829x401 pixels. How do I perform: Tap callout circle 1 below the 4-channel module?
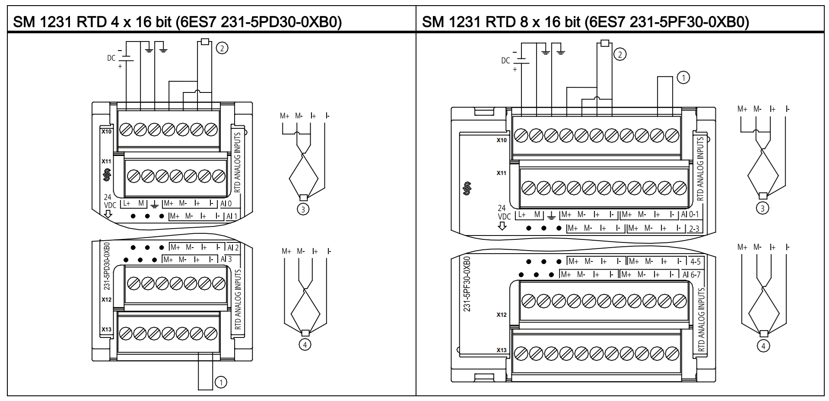click(x=221, y=382)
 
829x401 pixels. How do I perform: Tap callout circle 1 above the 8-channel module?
click(x=683, y=78)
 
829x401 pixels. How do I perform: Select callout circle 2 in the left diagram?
click(x=222, y=48)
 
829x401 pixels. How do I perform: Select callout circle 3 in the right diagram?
click(x=762, y=208)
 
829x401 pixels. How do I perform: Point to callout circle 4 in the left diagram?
click(x=305, y=344)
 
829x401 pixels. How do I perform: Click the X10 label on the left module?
click(x=106, y=131)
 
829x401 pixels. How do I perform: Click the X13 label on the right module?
click(x=501, y=350)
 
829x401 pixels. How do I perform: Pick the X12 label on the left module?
click(x=106, y=299)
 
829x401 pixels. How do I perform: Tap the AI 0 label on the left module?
click(x=226, y=204)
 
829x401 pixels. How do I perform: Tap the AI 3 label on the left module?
click(x=226, y=259)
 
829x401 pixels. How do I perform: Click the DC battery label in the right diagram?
click(x=505, y=60)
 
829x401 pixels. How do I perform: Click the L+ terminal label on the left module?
click(x=127, y=203)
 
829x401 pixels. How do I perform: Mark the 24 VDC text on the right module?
click(x=503, y=213)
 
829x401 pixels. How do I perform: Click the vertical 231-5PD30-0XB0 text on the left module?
click(x=107, y=265)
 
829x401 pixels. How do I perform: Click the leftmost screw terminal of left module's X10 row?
click(x=125, y=129)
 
